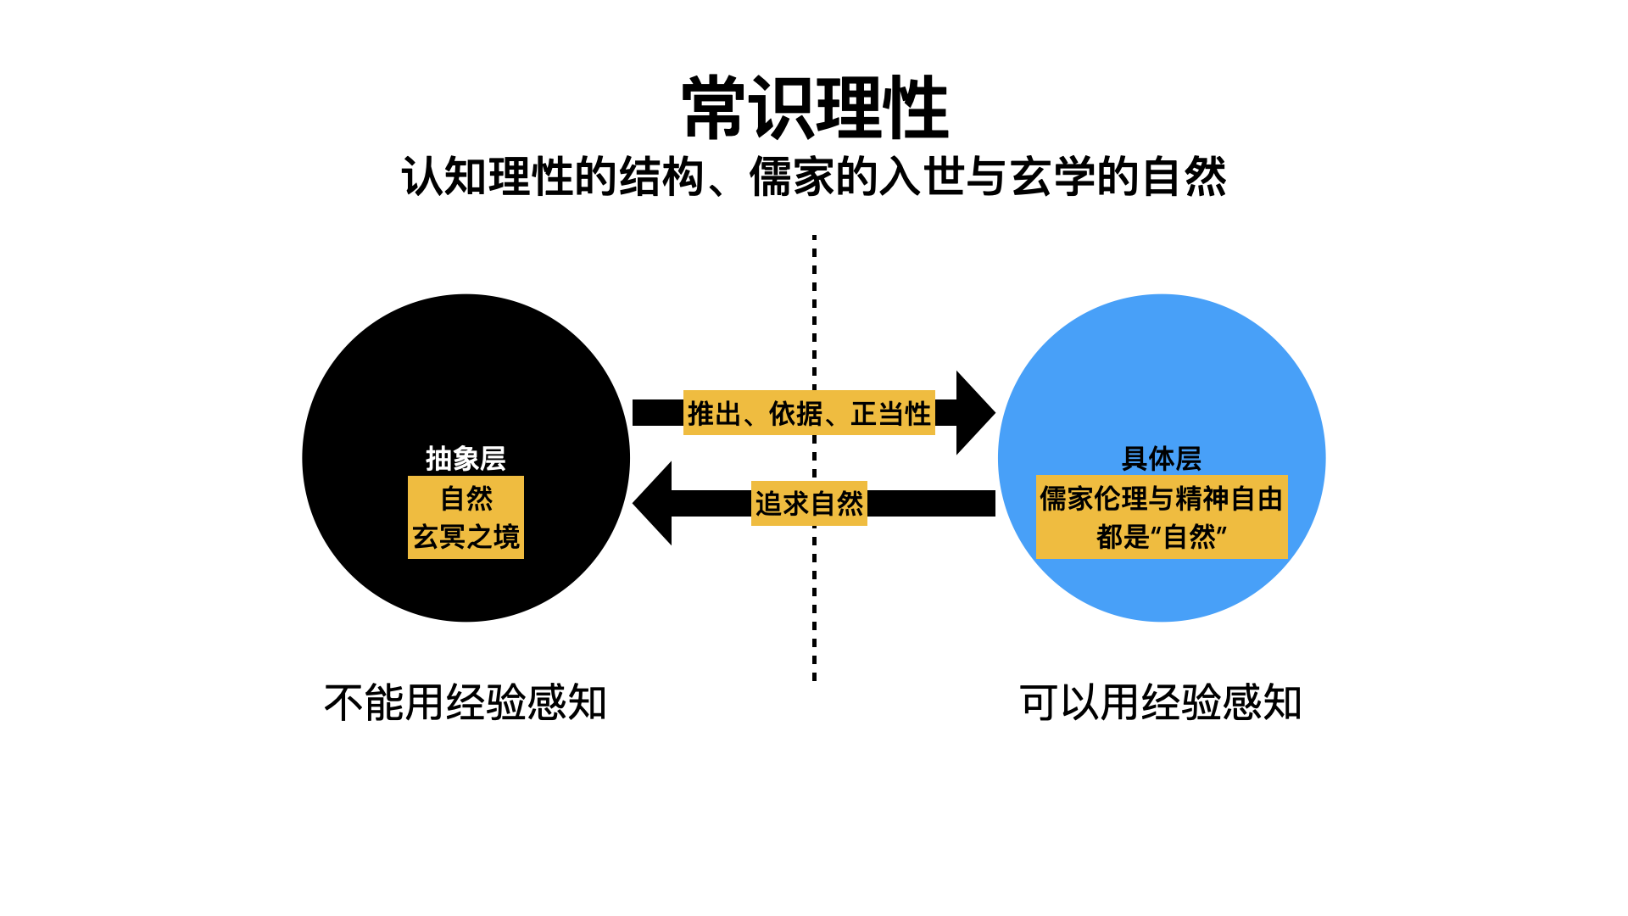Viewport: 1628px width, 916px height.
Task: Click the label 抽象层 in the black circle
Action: click(466, 459)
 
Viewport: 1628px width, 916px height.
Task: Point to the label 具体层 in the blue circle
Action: click(1161, 459)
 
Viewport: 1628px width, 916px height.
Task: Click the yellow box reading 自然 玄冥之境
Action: click(466, 517)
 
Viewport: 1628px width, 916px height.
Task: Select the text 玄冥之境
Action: click(466, 537)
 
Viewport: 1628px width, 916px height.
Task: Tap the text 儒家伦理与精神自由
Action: click(1161, 499)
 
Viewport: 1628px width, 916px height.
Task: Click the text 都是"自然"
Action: click(1161, 537)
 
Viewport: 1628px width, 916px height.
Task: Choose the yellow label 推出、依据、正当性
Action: click(809, 413)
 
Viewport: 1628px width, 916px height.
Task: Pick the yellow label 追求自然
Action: click(809, 504)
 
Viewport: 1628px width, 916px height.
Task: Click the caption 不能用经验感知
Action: click(466, 703)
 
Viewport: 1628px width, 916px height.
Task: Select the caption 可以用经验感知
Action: click(1161, 703)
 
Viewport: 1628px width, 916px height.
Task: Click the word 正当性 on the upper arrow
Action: click(891, 413)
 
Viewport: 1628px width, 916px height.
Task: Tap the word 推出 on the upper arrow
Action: click(714, 413)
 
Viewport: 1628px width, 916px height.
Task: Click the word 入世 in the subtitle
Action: click(922, 177)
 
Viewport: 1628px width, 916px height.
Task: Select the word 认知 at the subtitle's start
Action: click(444, 177)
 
